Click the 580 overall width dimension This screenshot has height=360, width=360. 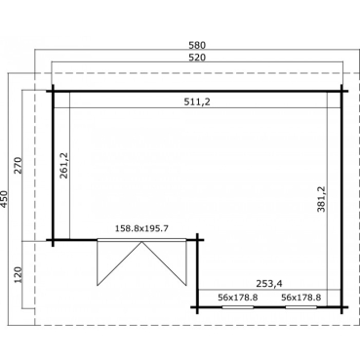click(x=197, y=45)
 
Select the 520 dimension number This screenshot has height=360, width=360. click(x=197, y=58)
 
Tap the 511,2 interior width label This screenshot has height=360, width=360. click(x=197, y=101)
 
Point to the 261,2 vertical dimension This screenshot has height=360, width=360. click(x=63, y=165)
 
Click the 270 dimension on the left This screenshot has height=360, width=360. click(x=19, y=165)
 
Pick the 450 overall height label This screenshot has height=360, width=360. click(x=4, y=199)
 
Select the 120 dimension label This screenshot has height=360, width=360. click(x=19, y=275)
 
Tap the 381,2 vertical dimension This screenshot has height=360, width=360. click(x=321, y=199)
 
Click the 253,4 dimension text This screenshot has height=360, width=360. click(x=269, y=284)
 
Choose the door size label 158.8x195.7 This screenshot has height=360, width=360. click(x=141, y=228)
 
